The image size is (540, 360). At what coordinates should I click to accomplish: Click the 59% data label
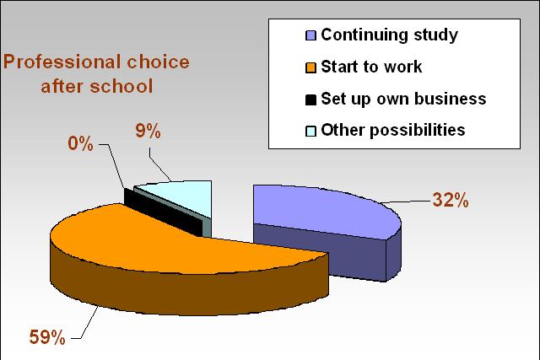[47, 337]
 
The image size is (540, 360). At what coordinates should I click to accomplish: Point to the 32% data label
[451, 200]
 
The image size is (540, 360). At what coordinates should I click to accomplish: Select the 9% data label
[148, 132]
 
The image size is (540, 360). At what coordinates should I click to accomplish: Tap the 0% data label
[81, 143]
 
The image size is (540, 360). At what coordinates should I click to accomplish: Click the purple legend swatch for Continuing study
[310, 35]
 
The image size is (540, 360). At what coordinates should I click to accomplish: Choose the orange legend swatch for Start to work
[310, 67]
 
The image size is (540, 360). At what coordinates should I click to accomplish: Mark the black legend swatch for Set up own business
[310, 99]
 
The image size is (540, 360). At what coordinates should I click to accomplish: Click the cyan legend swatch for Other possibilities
[310, 132]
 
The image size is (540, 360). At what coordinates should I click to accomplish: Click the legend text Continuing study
[390, 35]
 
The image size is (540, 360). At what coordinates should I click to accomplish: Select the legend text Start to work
[371, 67]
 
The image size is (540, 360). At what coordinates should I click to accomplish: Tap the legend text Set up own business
[403, 99]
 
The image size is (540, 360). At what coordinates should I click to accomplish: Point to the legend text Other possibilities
[393, 130]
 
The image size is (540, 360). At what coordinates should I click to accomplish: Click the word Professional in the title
[62, 62]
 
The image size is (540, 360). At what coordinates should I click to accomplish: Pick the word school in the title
[121, 86]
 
